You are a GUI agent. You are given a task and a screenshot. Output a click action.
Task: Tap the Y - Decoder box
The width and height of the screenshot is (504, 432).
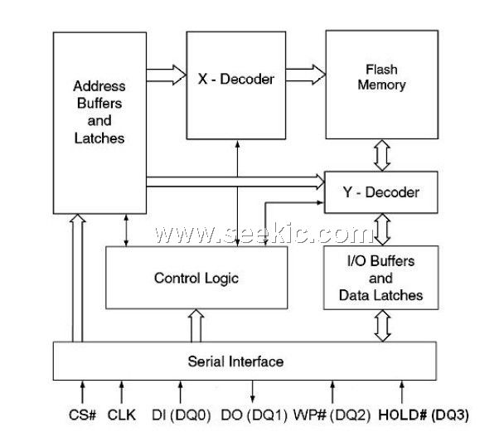[x=381, y=192]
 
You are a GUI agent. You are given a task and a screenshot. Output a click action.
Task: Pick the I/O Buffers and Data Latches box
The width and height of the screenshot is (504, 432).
[x=380, y=278]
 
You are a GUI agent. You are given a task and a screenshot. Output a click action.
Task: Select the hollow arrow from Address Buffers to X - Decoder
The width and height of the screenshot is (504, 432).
[x=165, y=75]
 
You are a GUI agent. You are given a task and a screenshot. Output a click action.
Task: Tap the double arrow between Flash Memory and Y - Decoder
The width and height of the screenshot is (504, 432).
[x=381, y=153]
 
